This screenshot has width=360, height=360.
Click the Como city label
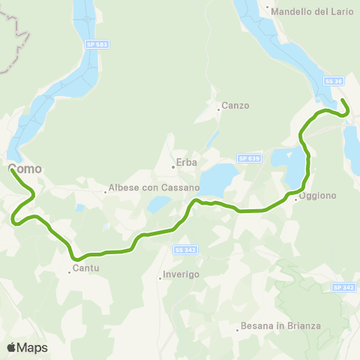click(x=25, y=169)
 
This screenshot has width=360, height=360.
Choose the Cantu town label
click(x=86, y=268)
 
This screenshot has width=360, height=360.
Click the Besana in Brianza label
click(x=280, y=325)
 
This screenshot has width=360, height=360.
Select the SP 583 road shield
click(x=97, y=45)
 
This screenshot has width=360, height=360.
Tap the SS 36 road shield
click(x=333, y=80)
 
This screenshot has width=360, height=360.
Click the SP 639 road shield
click(x=248, y=157)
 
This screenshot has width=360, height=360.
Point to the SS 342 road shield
click(x=184, y=249)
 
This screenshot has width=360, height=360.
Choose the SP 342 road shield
click(x=343, y=286)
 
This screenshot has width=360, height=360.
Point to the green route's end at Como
click(x=12, y=169)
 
